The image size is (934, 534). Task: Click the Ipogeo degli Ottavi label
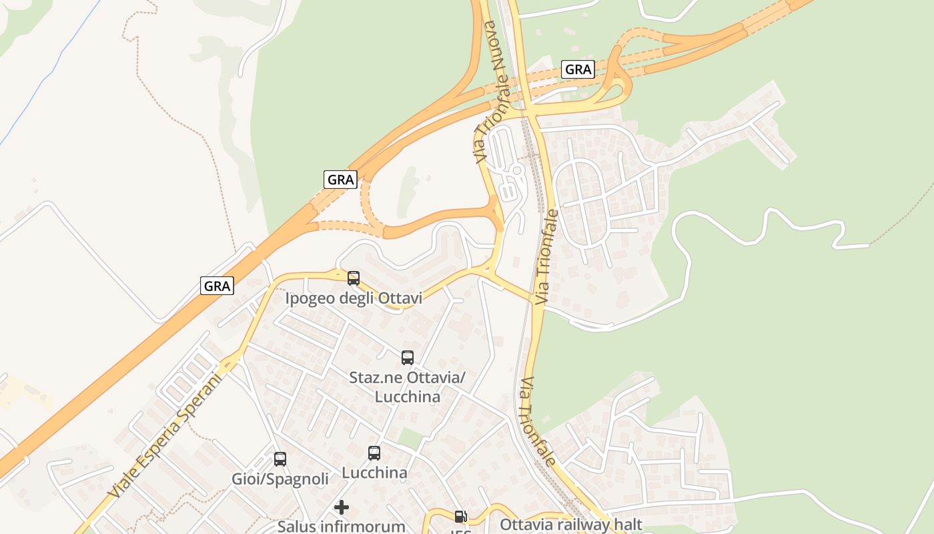tap(354, 298)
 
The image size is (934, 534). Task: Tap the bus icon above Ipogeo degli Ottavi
tap(354, 278)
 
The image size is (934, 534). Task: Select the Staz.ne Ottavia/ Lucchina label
tap(407, 387)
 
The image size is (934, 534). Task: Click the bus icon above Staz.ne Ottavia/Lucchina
tap(408, 357)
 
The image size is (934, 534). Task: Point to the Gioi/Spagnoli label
tap(280, 479)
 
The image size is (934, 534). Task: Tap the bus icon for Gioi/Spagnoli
tap(280, 459)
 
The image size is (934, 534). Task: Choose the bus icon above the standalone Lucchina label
tap(374, 453)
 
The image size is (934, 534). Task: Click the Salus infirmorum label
tap(341, 526)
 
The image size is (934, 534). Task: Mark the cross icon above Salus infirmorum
tap(342, 507)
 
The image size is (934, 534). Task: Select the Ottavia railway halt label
tap(570, 525)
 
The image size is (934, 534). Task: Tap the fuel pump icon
tap(460, 516)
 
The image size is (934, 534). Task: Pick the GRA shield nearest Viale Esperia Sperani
tap(217, 286)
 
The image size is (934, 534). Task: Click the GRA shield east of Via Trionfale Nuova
tap(578, 69)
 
